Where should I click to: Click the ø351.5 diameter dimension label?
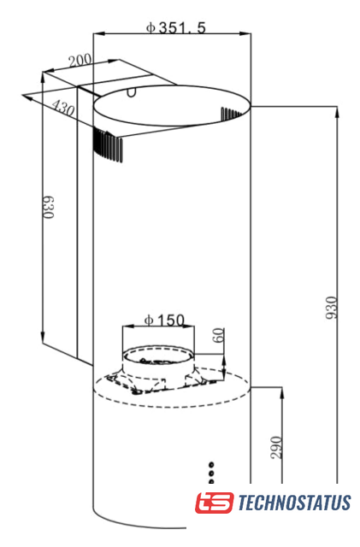click(176, 27)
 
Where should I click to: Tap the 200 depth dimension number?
click(80, 61)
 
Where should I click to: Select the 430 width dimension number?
click(63, 108)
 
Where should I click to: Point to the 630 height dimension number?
click(48, 207)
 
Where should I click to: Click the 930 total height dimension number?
click(332, 308)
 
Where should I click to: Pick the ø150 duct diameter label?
click(164, 320)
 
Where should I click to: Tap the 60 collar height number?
click(219, 335)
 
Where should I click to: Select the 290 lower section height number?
click(276, 448)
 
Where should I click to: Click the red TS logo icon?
click(214, 503)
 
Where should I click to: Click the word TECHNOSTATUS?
click(294, 503)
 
